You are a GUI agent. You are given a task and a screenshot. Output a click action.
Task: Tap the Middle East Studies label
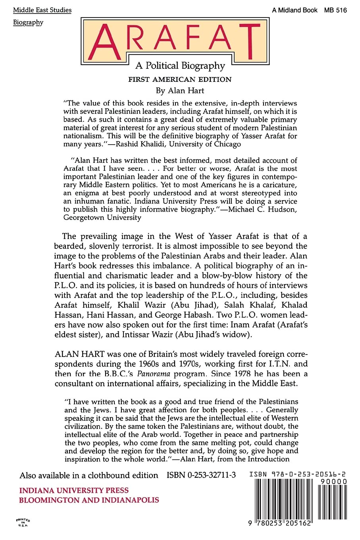(42, 10)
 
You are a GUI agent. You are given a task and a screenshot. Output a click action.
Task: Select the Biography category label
(28, 22)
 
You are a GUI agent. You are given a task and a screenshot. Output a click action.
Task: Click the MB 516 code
(335, 10)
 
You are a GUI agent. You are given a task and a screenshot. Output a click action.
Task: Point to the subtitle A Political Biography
(180, 66)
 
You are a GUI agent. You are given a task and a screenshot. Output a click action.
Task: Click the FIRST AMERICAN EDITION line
(180, 79)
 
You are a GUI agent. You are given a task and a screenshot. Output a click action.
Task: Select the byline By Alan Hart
(180, 91)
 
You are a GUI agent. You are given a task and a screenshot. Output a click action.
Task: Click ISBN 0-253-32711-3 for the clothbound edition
(201, 475)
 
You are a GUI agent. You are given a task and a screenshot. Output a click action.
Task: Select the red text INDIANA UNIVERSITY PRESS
(74, 490)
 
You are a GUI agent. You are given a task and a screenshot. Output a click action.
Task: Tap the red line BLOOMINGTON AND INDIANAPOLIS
(89, 500)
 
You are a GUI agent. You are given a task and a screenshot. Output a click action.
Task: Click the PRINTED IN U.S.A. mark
(23, 522)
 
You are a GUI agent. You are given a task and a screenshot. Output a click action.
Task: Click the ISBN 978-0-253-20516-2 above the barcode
(298, 474)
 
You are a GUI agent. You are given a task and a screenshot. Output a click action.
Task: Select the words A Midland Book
(295, 10)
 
